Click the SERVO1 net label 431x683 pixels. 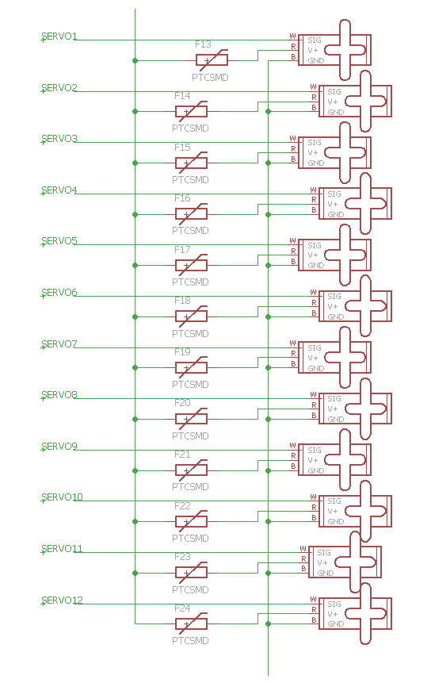(59, 36)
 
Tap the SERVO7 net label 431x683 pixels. (59, 344)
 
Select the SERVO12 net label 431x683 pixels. (62, 601)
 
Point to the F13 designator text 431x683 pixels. (203, 44)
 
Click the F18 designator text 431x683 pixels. (182, 301)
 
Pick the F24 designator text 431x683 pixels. (182, 608)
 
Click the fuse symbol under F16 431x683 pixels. (192, 213)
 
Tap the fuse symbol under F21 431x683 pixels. (192, 470)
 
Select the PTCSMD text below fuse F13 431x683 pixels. (210, 78)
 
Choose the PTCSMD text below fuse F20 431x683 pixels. (190, 436)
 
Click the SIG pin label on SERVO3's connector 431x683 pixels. (315, 143)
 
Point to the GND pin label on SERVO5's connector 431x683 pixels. (316, 265)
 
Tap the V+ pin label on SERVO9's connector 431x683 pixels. (313, 460)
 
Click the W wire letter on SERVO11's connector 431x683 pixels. (303, 548)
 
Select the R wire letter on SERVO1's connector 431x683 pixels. (294, 47)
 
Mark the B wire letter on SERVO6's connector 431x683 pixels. (314, 313)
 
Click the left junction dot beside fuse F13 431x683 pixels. (135, 60)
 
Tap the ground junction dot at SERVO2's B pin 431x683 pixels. (269, 112)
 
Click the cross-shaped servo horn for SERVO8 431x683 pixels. (366, 409)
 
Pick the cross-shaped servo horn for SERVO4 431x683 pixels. (366, 203)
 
